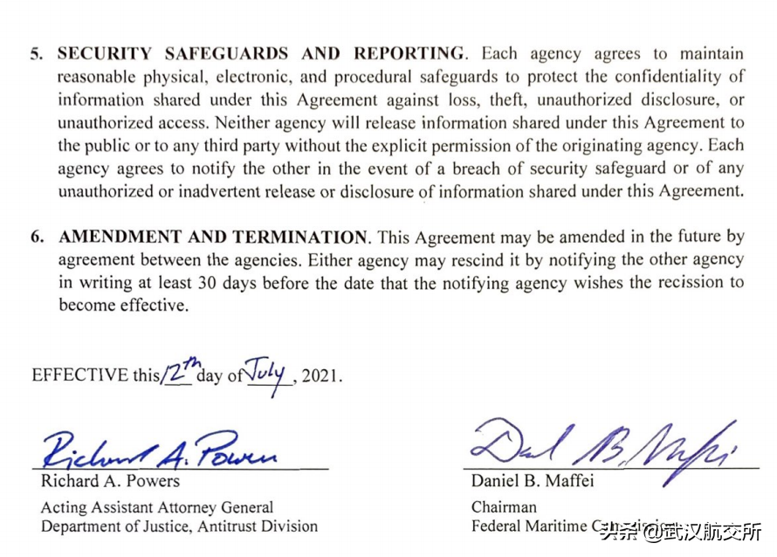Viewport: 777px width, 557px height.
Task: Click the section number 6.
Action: (36, 237)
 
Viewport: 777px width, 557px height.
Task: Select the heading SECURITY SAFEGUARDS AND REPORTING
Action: (260, 54)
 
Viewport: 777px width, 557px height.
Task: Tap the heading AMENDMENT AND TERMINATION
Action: (212, 237)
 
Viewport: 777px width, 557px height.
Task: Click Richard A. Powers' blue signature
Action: (161, 450)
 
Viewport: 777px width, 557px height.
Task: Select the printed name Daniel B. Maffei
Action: (533, 481)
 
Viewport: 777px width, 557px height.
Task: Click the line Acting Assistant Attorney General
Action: (157, 507)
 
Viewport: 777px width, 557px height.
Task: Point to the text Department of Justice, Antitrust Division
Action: (179, 526)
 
